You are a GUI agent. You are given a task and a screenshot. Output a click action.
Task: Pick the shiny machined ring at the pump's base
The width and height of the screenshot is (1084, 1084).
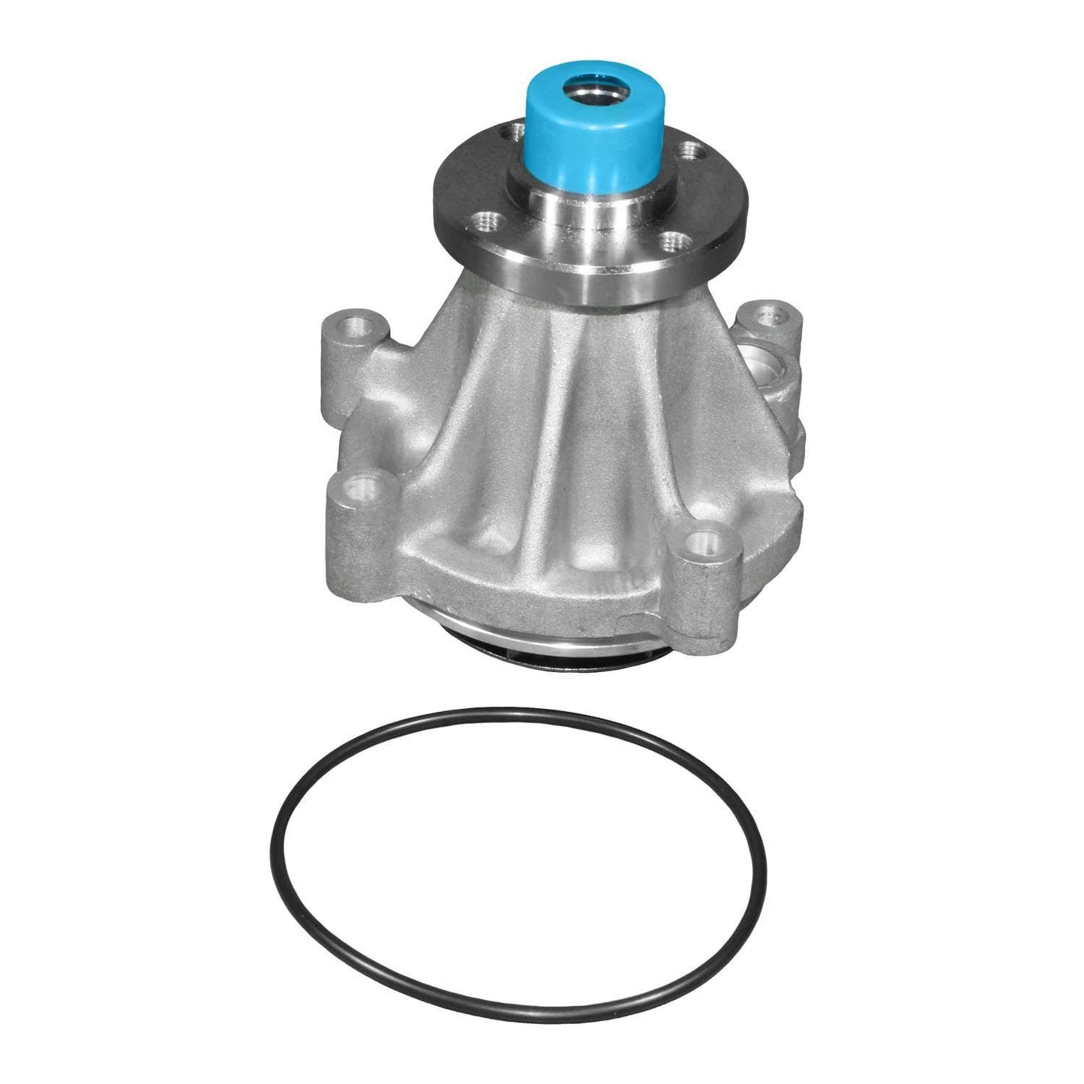click(525, 629)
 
